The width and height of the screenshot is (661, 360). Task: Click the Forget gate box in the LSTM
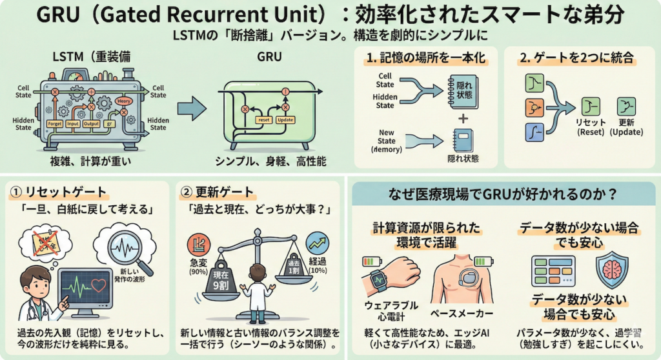pyautogui.click(x=55, y=123)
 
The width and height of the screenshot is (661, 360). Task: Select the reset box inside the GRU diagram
pyautogui.click(x=263, y=120)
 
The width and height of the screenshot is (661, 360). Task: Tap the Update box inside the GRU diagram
pyautogui.click(x=285, y=120)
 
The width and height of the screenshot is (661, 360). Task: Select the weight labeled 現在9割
pyautogui.click(x=221, y=281)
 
